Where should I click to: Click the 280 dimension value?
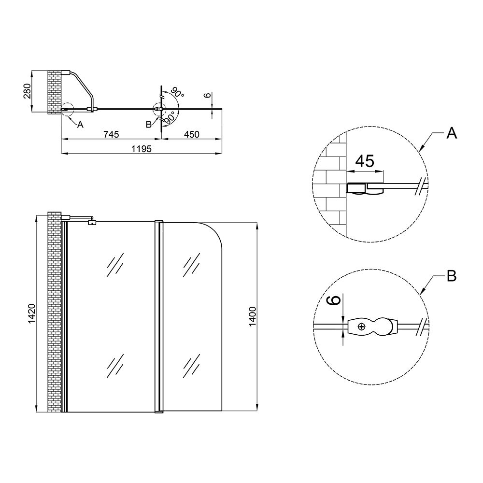click(28, 91)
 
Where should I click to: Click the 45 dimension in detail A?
click(365, 161)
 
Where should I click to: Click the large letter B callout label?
click(452, 276)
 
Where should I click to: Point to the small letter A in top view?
click(80, 124)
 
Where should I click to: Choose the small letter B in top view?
click(149, 124)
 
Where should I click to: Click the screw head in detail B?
click(361, 327)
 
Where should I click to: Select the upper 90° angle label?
click(176, 93)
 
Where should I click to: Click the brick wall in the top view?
click(54, 92)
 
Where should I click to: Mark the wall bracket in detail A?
click(357, 189)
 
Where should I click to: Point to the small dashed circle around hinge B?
click(159, 109)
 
